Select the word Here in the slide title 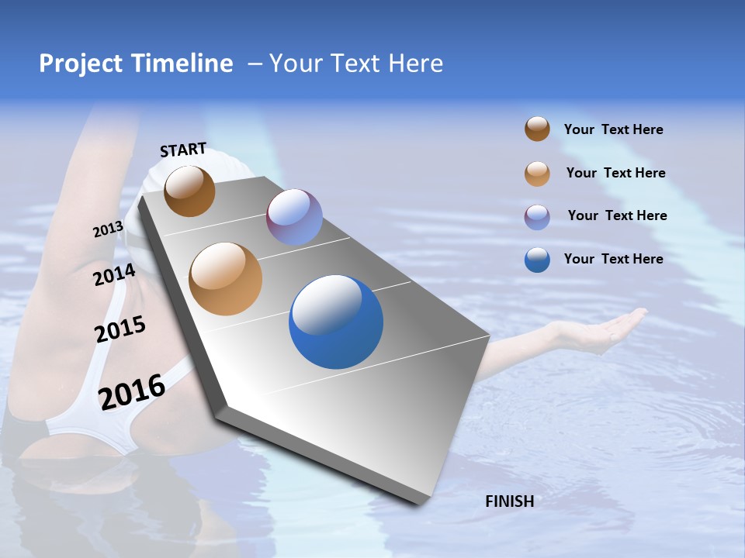click(x=415, y=64)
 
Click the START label click(x=183, y=150)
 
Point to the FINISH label click(x=509, y=501)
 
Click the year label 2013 click(x=109, y=229)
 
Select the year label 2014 click(x=115, y=274)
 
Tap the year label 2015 click(x=120, y=329)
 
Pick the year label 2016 click(x=132, y=391)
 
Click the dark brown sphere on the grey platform click(x=189, y=191)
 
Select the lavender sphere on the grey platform click(x=294, y=216)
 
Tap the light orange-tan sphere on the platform click(x=225, y=279)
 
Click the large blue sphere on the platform click(x=336, y=321)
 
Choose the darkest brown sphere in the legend click(x=537, y=129)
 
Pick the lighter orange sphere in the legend click(x=537, y=174)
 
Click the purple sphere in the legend click(x=537, y=217)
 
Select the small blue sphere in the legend click(x=537, y=260)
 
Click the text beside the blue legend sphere click(x=613, y=259)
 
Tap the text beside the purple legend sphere click(x=617, y=215)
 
